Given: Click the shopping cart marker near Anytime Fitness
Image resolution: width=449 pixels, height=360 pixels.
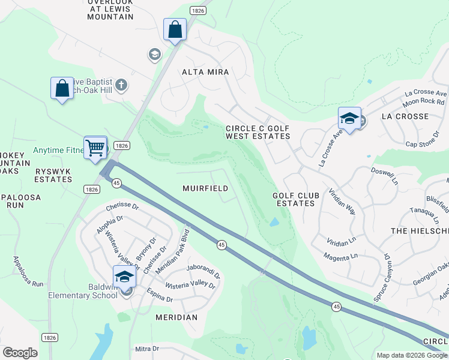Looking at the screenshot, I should (x=95, y=147).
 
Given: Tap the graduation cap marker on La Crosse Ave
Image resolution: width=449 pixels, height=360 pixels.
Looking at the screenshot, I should (x=349, y=118).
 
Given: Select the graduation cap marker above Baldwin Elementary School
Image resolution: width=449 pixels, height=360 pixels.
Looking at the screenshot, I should (x=124, y=277).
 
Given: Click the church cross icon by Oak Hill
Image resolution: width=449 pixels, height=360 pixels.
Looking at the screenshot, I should (x=121, y=85).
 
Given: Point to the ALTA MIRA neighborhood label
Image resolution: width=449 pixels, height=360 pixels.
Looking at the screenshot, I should (x=206, y=72).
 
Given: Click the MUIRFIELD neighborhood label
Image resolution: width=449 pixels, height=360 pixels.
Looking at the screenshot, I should (x=205, y=188).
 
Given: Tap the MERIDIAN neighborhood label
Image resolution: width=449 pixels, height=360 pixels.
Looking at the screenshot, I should (x=176, y=317).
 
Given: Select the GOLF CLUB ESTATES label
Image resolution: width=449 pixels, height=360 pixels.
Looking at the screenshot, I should (x=294, y=199).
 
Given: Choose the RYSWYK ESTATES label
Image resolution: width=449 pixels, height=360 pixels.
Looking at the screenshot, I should (x=53, y=175).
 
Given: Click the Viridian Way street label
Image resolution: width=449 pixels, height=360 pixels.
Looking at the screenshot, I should (x=342, y=202).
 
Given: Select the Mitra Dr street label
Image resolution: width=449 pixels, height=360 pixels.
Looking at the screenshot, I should (x=146, y=348).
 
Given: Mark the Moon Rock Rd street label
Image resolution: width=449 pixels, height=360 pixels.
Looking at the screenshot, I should (x=424, y=101).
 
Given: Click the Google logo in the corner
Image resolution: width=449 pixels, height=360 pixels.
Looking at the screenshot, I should (x=20, y=353).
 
